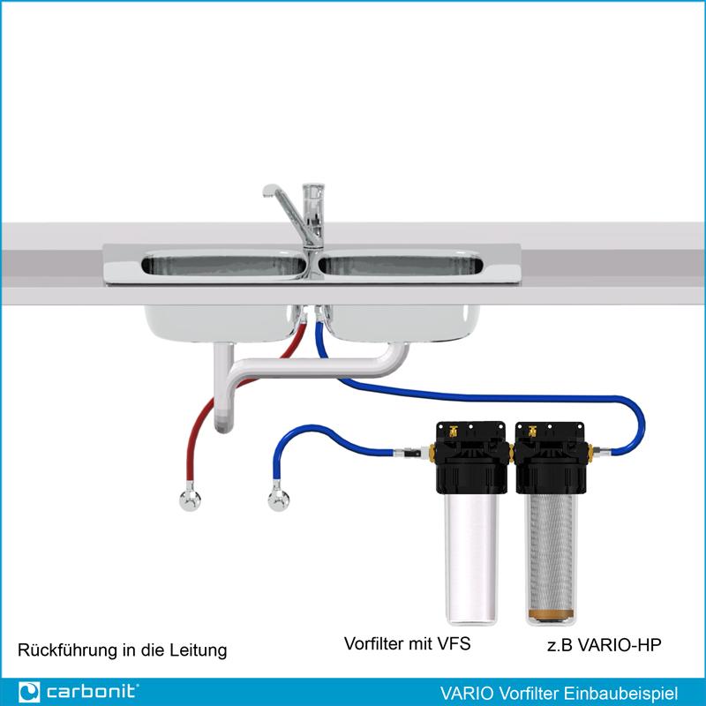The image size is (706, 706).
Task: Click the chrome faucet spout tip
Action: (x=267, y=192)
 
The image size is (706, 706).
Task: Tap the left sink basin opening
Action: (x=224, y=266)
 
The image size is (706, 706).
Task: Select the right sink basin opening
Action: (x=401, y=266)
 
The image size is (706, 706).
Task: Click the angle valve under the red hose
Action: (x=190, y=499)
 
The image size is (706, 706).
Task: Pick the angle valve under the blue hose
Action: (x=279, y=499)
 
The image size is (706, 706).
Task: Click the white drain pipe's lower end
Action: (x=224, y=425)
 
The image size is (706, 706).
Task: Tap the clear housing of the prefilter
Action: (x=471, y=559)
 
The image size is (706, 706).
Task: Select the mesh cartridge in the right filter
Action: (x=551, y=555)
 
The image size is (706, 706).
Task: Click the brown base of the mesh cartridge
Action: (x=551, y=614)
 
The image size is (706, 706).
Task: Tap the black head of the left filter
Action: (x=471, y=457)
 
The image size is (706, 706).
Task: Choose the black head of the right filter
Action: (x=551, y=457)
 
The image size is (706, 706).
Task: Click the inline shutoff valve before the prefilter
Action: (x=411, y=452)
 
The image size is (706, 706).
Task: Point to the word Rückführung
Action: (x=68, y=650)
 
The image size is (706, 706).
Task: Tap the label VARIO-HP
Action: (x=620, y=645)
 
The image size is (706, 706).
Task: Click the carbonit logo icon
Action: (x=29, y=692)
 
